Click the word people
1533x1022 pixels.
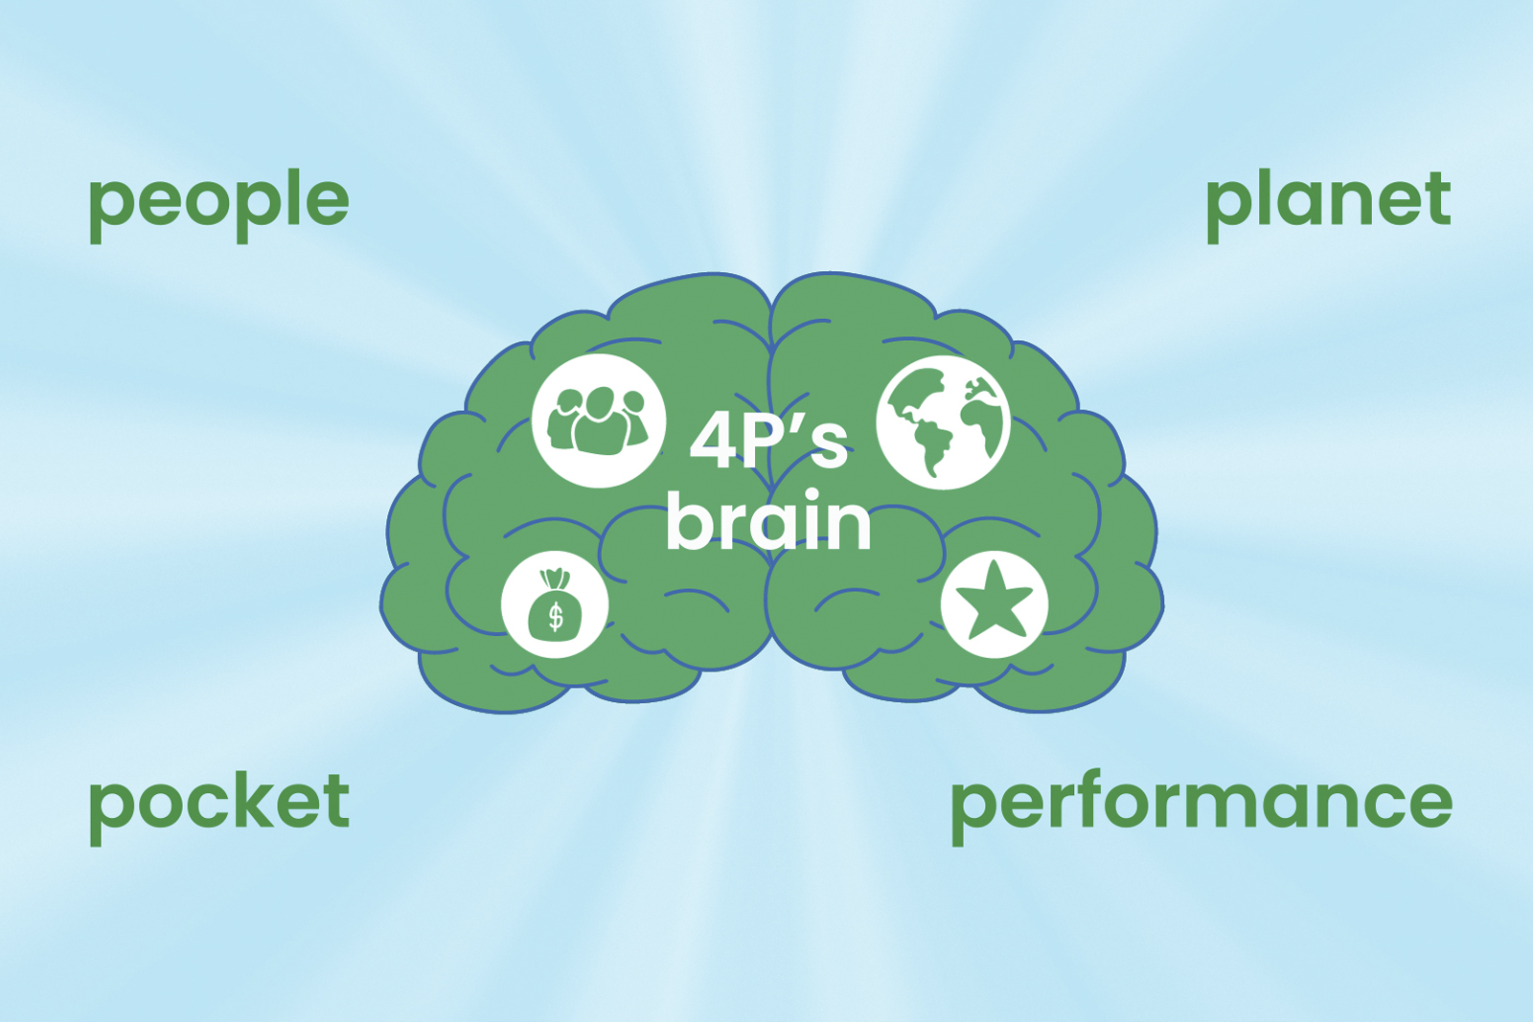(x=219, y=205)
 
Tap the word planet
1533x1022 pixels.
(x=1328, y=205)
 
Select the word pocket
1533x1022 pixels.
(x=219, y=807)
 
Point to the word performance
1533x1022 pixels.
(x=1201, y=807)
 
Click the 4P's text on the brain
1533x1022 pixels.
(x=768, y=443)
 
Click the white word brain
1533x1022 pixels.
(x=768, y=520)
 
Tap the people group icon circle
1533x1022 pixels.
(x=599, y=420)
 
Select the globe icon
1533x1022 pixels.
(x=943, y=422)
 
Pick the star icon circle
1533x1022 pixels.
(x=995, y=604)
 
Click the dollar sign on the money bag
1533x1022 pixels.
(x=556, y=616)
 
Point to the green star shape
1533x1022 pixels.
(x=994, y=602)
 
